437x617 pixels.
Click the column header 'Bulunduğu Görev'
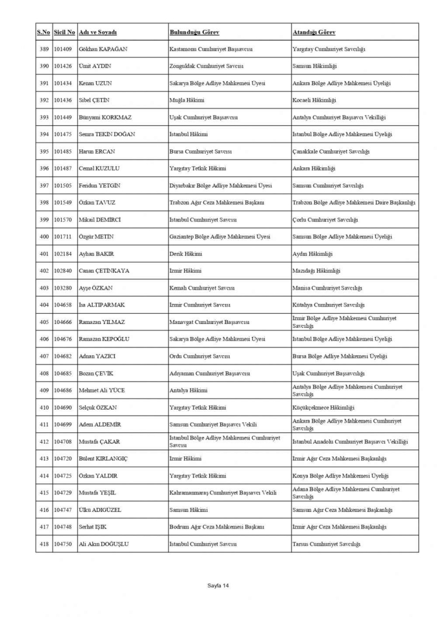[x=194, y=32]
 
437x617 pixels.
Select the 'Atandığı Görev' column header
[x=314, y=32]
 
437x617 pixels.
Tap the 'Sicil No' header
[x=65, y=32]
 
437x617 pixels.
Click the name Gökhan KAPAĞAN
[x=103, y=49]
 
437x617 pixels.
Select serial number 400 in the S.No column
[x=43, y=237]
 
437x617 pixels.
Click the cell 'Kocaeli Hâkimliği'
[x=315, y=101]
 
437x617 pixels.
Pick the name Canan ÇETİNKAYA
[x=104, y=271]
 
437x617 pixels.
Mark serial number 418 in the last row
[x=43, y=544]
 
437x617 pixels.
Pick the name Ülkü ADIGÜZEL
[x=100, y=510]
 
